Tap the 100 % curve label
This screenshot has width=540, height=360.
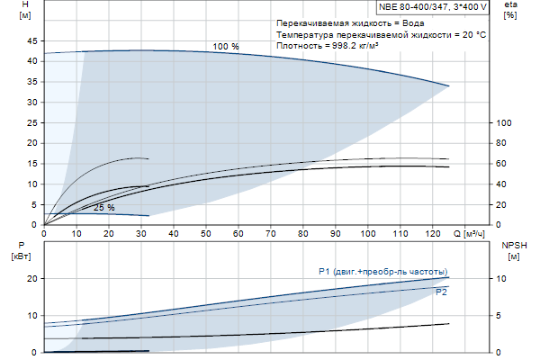pyautogui.click(x=226, y=46)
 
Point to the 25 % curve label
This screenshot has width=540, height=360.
pyautogui.click(x=103, y=208)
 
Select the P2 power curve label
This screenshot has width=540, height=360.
pyautogui.click(x=441, y=292)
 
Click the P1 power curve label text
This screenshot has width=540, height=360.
pyautogui.click(x=382, y=272)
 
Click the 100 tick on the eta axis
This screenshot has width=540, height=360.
pyautogui.click(x=505, y=123)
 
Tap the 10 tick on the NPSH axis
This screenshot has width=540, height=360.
pyautogui.click(x=504, y=279)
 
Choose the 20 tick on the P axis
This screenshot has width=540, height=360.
pyautogui.click(x=32, y=279)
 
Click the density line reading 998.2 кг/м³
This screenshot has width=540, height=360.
pyautogui.click(x=328, y=46)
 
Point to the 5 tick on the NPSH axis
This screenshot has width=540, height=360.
pyautogui.click(x=502, y=316)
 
